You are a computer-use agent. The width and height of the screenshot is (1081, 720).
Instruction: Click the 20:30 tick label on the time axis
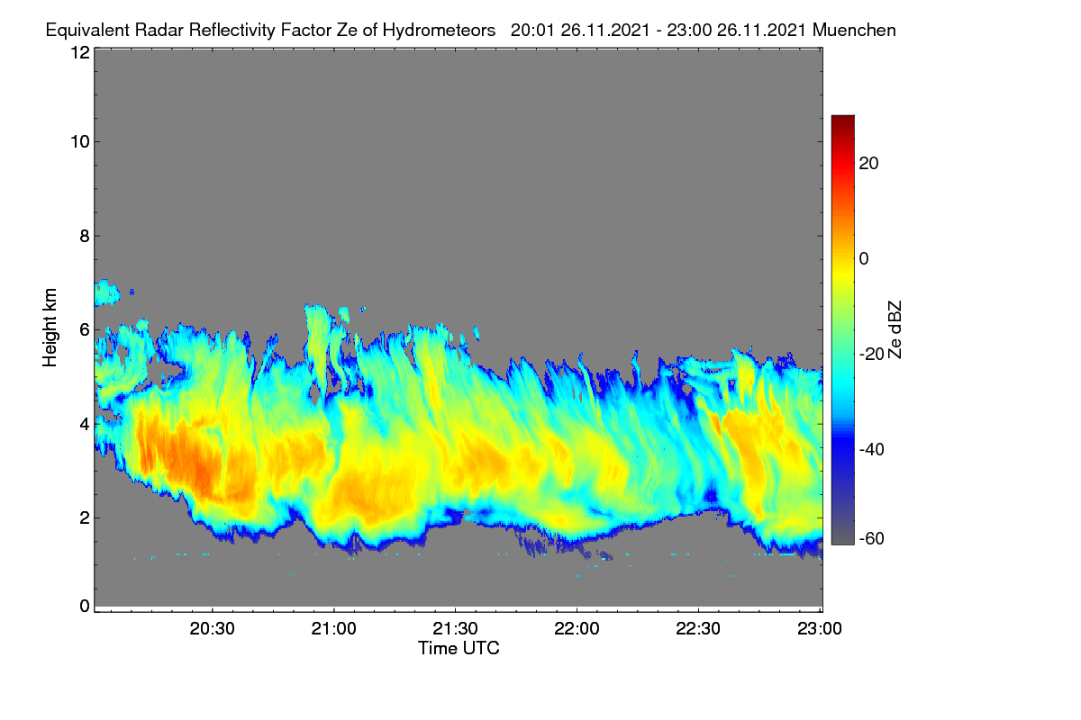point(212,629)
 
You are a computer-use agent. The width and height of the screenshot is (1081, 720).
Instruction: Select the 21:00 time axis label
point(333,629)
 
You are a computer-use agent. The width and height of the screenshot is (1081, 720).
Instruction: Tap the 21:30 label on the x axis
point(455,629)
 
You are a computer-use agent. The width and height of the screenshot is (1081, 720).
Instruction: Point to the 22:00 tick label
point(577,629)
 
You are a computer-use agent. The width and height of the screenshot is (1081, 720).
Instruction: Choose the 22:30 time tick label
point(698,629)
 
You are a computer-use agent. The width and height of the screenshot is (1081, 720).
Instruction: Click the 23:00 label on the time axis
point(820,629)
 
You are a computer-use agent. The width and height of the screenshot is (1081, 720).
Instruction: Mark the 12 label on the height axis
point(80,52)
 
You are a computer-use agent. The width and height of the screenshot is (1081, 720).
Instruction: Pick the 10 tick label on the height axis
point(80,142)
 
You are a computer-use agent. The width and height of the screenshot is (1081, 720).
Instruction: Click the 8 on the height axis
point(85,237)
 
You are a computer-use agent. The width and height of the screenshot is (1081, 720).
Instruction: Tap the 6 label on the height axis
point(85,330)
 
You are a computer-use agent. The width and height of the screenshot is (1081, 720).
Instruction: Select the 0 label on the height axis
point(85,607)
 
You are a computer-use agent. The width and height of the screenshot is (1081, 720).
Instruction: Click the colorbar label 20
point(868,164)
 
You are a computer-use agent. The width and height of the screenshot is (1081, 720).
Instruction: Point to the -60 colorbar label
point(872,539)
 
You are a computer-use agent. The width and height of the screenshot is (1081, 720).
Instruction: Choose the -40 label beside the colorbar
point(872,449)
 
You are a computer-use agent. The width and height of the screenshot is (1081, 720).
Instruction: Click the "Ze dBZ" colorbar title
point(895,330)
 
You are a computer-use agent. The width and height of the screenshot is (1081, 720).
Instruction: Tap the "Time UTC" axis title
point(459,649)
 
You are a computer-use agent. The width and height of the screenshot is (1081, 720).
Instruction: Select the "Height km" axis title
point(50,328)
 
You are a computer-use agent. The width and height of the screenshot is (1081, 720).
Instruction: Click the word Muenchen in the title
point(854,31)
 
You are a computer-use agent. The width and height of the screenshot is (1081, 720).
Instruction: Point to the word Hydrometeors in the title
point(439,31)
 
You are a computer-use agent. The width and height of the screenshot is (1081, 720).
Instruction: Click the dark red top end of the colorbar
point(842,117)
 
